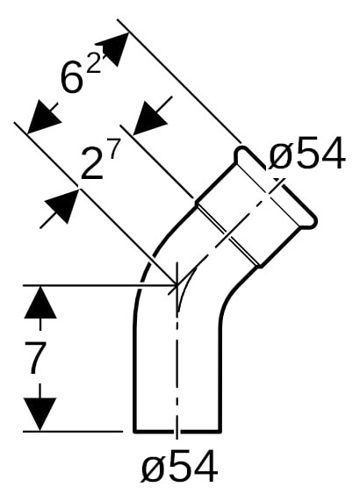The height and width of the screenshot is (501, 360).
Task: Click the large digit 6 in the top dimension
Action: [72, 77]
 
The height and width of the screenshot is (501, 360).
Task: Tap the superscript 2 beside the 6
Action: [94, 65]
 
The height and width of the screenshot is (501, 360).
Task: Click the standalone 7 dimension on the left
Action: [34, 358]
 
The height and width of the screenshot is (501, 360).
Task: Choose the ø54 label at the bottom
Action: [179, 468]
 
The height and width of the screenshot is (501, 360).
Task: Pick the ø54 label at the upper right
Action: [307, 154]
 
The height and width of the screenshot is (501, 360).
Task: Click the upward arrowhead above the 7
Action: [40, 302]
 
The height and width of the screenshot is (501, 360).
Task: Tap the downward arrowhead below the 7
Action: [40, 414]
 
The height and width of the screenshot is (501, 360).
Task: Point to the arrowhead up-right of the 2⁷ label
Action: [148, 118]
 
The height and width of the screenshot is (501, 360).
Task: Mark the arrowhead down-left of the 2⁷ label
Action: [63, 205]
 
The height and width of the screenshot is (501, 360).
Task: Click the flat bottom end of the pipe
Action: [177, 432]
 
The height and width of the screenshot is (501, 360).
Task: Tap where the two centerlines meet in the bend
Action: [176, 283]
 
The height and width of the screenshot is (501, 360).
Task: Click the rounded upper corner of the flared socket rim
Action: [241, 153]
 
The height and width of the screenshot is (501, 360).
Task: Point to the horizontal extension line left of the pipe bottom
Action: [73, 432]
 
